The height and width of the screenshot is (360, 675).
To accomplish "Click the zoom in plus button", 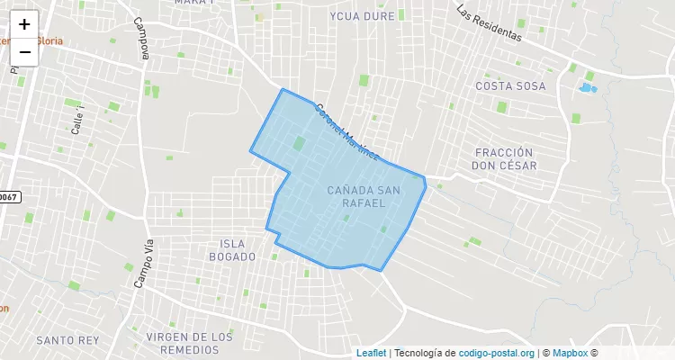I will click(24, 24).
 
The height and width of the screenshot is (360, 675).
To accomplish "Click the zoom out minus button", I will click(24, 51).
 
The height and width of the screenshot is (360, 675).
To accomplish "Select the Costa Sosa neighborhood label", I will click(510, 85).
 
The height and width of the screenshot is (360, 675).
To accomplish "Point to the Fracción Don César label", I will click(504, 159).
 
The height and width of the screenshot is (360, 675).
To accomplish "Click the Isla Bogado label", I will click(238, 250).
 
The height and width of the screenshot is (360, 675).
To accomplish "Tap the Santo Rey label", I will click(67, 340).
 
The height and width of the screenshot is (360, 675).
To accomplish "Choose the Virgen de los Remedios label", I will click(189, 343).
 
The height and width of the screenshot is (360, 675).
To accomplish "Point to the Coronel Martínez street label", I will click(346, 132).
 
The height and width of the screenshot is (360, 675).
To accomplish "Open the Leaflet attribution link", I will click(372, 353).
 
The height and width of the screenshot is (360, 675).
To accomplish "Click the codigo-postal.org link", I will click(497, 353).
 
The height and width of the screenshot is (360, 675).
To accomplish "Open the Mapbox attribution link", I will click(570, 353).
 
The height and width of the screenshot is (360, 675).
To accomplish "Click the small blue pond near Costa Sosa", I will click(587, 88).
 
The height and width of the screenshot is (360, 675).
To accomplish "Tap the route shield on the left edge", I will click(8, 197).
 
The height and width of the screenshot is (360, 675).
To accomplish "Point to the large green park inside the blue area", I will click(298, 143).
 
